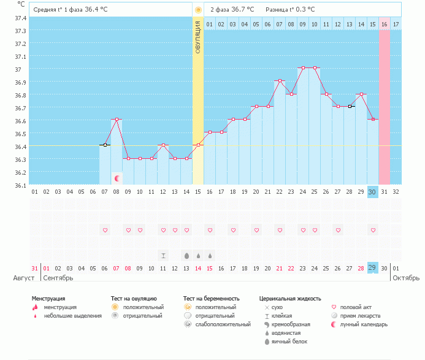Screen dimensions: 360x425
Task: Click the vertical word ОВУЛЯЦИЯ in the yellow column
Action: pos(198,37)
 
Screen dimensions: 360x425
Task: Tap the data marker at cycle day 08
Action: pos(117,119)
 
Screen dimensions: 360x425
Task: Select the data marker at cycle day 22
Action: pos(280,80)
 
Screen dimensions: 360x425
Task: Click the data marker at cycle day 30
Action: pos(373,119)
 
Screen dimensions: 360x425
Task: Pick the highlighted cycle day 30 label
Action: pos(373,191)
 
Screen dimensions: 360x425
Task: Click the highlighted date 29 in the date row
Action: pos(373,268)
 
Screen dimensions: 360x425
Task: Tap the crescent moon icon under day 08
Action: pos(117,178)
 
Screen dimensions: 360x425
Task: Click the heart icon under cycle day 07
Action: pos(105,230)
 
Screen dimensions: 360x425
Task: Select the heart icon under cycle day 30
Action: pos(373,230)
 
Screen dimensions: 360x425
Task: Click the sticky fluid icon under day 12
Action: pos(163,255)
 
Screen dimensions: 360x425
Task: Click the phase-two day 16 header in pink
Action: pos(385,25)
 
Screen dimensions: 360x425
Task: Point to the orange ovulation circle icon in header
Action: pos(198,10)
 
